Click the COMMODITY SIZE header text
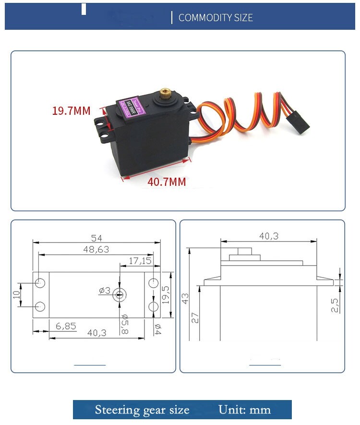point(216,18)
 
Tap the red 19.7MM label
point(71,111)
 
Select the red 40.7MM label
point(166,182)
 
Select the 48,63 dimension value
point(96,249)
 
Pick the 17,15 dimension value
point(140,261)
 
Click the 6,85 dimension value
point(65,326)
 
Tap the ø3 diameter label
point(105,290)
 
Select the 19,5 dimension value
point(166,295)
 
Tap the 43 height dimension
point(185,298)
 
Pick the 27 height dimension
point(195,318)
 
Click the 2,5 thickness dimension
point(335,305)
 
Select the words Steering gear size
point(142,410)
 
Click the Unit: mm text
point(244,410)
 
